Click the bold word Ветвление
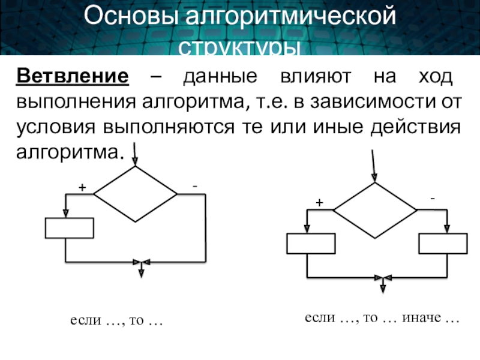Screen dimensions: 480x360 point(73,77)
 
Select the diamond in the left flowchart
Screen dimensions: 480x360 point(136,194)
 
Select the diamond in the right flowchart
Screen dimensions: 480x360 point(375,210)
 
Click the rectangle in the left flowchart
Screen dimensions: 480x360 point(70,228)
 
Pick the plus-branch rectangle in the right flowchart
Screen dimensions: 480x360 point(311,244)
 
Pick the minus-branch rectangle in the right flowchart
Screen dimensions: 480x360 point(442,244)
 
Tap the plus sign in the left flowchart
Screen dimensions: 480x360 point(81,188)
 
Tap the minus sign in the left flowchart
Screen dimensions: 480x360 point(194,187)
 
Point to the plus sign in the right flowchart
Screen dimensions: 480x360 point(319,203)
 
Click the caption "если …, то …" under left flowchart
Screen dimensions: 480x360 point(117,322)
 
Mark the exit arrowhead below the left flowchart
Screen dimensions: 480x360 point(141,273)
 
